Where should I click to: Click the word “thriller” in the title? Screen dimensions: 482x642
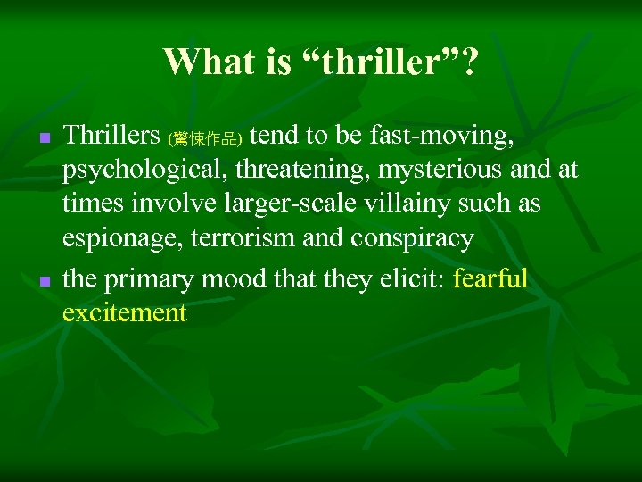coord(378,62)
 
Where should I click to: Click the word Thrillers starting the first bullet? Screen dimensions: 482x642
coord(111,135)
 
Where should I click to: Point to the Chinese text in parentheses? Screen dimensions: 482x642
coord(205,138)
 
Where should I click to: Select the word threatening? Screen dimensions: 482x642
coord(302,170)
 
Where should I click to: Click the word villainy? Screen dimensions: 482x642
coord(396,204)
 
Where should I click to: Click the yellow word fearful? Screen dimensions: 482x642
coord(491,279)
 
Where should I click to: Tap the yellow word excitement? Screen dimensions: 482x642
coord(125,313)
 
